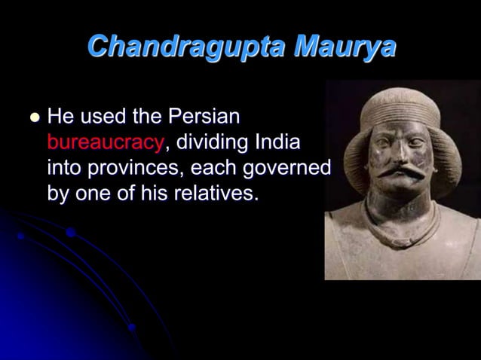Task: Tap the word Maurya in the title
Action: click(x=345, y=47)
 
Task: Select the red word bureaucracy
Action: click(x=105, y=142)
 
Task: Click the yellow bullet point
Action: click(x=34, y=117)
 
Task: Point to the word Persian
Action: click(x=204, y=117)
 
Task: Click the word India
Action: click(x=278, y=142)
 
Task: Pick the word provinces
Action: click(x=127, y=167)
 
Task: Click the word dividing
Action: click(x=213, y=142)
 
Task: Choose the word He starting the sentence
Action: click(x=60, y=117)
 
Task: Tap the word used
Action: click(x=104, y=117)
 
